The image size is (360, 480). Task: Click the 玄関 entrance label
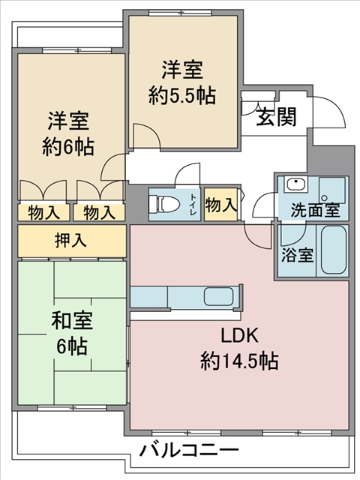click(277, 117)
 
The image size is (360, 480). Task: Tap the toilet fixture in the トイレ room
click(163, 205)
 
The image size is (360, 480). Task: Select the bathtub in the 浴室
click(333, 250)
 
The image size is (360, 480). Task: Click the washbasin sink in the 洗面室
click(295, 184)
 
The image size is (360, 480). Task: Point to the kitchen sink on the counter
click(218, 296)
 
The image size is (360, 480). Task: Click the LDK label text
click(240, 336)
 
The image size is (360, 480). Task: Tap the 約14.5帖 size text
click(239, 361)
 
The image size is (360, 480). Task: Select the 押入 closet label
click(70, 240)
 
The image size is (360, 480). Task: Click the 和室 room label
click(72, 320)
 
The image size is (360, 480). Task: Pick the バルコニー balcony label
click(190, 450)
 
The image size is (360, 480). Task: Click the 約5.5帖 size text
click(182, 95)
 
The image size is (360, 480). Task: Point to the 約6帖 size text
click(68, 147)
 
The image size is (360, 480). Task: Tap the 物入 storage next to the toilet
click(220, 205)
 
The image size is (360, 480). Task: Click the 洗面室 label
click(315, 210)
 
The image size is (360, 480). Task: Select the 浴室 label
click(297, 255)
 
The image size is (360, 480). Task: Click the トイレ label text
click(193, 205)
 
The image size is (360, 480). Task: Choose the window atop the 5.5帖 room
click(181, 13)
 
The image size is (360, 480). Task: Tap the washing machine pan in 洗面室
click(331, 190)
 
